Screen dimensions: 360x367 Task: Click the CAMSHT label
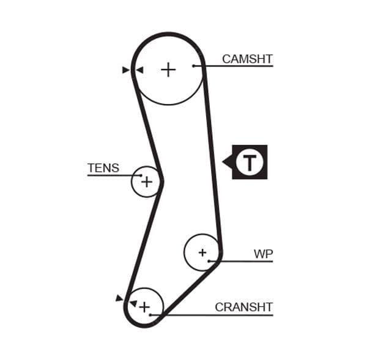coord(247,59)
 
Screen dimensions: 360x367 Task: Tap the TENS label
coord(103,168)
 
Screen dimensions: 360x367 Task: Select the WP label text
coord(263,254)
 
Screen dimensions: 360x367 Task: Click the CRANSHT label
coord(243,307)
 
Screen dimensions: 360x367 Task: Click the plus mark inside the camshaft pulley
coord(168,70)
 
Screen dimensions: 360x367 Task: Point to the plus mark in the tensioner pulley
coord(146,182)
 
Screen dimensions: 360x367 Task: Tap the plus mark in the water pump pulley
coord(202,252)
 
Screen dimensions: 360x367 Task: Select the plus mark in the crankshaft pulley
coord(144,306)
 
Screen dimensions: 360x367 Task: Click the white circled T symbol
coord(249,163)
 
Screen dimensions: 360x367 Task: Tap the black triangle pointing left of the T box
coord(227,163)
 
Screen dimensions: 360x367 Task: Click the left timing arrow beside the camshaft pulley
coord(126,70)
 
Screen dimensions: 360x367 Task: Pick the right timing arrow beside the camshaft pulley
coord(139,70)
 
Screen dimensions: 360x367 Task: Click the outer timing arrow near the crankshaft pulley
coord(119,298)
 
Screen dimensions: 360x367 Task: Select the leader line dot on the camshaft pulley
coord(193,65)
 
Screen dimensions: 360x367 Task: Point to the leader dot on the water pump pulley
coord(209,261)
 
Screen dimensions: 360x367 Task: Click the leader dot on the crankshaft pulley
coord(150,315)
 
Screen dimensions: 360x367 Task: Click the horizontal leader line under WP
coord(245,261)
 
